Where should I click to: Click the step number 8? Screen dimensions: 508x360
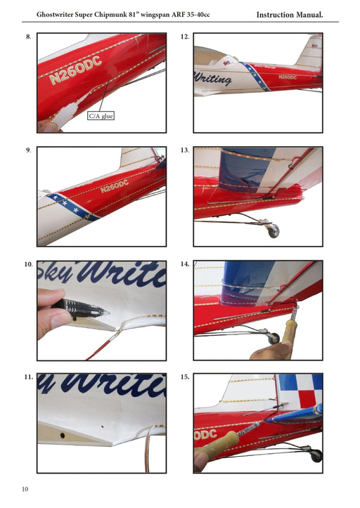click(28, 37)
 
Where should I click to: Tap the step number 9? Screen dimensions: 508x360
click(28, 150)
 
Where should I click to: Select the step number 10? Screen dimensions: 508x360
click(28, 265)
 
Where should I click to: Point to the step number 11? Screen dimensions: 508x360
click(28, 377)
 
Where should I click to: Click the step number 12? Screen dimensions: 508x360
click(185, 37)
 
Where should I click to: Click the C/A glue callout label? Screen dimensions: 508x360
click(101, 116)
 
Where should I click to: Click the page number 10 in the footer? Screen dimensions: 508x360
click(25, 489)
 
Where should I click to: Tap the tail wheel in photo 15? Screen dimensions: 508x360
click(316, 455)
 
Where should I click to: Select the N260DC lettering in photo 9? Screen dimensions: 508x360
click(114, 188)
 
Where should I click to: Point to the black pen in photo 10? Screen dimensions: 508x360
click(80, 307)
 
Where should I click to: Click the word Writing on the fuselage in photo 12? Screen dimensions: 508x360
click(213, 79)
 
